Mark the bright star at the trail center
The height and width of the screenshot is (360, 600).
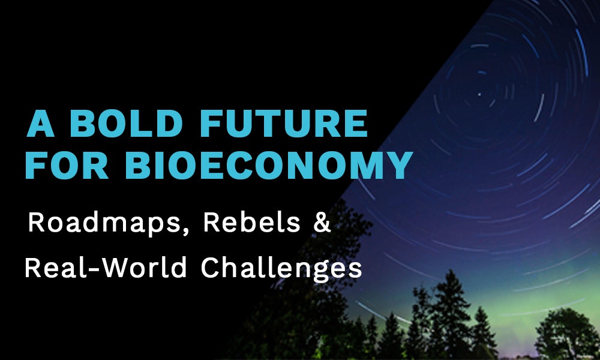point(479,94)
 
